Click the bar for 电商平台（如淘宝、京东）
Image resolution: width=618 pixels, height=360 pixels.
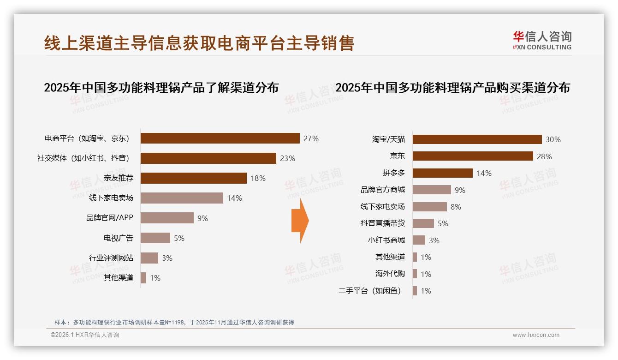pyautogui.click(x=220, y=138)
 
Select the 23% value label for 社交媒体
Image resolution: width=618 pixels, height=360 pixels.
pyautogui.click(x=287, y=158)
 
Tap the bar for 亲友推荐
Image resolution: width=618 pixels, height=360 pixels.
pyautogui.click(x=193, y=178)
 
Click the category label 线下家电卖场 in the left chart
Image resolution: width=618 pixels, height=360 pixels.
pyautogui.click(x=111, y=198)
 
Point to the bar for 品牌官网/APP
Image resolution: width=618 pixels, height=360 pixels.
pyautogui.click(x=167, y=218)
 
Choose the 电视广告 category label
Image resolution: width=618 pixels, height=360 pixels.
pyautogui.click(x=118, y=238)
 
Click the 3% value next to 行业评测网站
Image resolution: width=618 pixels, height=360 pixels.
pyautogui.click(x=167, y=258)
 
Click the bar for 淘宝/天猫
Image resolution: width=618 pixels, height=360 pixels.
pyautogui.click(x=477, y=139)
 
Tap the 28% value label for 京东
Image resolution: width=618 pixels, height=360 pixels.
pyautogui.click(x=544, y=156)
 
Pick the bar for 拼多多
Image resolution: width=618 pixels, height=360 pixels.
pyautogui.click(x=442, y=173)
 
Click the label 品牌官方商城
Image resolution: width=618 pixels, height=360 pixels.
pyautogui.click(x=382, y=190)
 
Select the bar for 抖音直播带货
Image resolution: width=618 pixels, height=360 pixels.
pyautogui.click(x=423, y=223)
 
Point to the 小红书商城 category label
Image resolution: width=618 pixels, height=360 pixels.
pyautogui.click(x=386, y=240)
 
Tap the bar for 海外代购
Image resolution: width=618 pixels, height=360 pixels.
pyautogui.click(x=415, y=274)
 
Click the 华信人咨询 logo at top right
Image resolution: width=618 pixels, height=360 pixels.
pyautogui.click(x=542, y=40)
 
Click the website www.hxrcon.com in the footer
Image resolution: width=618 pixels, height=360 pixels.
pyautogui.click(x=536, y=335)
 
